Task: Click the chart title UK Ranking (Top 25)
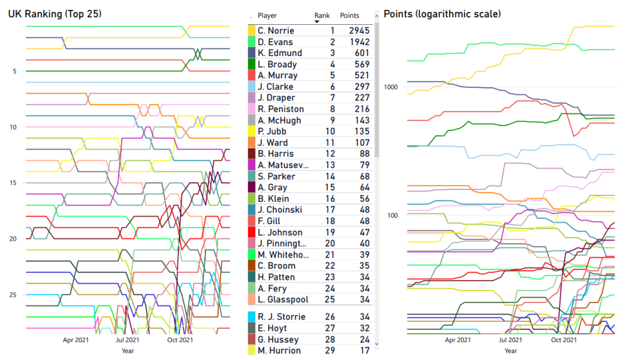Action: point(55,14)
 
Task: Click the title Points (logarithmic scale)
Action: point(442,14)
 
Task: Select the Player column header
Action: point(267,16)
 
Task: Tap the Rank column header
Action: point(322,16)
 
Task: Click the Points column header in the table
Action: point(350,16)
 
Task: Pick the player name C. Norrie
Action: point(276,30)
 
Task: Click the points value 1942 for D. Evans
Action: point(359,42)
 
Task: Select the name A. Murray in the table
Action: point(277,75)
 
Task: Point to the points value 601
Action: point(361,53)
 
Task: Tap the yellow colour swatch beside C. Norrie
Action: point(252,30)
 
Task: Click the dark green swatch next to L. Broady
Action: point(252,64)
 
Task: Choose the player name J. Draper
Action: point(276,97)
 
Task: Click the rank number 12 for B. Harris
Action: point(332,153)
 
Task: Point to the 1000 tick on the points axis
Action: point(390,86)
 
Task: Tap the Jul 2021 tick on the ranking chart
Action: point(127,340)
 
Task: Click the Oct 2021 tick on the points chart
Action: point(563,340)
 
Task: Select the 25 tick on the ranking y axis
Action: point(14,295)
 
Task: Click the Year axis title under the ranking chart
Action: point(127,351)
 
